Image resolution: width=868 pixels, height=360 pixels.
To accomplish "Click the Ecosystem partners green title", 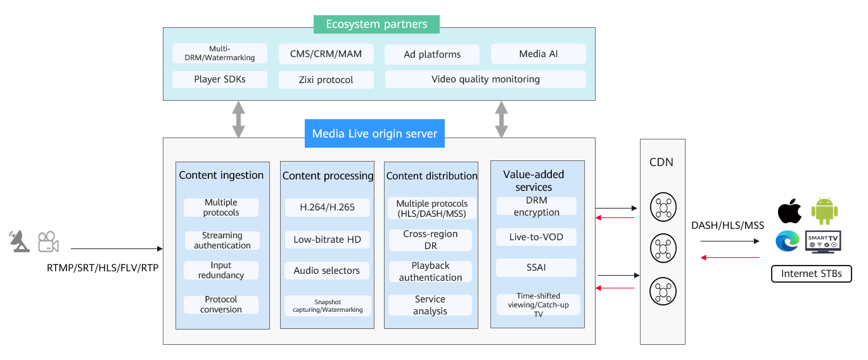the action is (376, 24).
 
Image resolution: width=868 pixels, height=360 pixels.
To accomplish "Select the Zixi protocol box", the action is (326, 80).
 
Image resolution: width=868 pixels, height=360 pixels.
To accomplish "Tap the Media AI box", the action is (539, 54).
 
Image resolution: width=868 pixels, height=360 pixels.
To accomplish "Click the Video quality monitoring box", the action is (485, 79).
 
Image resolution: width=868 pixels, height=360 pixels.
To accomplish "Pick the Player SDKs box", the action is (220, 79).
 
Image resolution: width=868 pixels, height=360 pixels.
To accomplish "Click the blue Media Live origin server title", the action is (374, 133).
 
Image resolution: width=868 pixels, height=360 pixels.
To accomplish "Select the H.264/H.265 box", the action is (327, 207).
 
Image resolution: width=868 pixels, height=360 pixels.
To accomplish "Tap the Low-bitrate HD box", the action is (327, 240).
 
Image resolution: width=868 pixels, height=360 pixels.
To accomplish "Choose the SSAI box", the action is (536, 267).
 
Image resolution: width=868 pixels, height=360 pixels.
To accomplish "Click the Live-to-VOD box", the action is (536, 237).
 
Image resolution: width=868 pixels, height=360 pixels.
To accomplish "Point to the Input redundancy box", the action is (221, 270).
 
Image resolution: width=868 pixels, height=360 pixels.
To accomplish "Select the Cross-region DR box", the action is (430, 240).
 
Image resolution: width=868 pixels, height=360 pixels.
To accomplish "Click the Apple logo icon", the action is (789, 211).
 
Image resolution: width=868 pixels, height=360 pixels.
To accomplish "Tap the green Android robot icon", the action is (824, 211).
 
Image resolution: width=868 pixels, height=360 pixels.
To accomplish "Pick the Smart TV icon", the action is (823, 242).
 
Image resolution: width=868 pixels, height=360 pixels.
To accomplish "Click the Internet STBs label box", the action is (812, 274).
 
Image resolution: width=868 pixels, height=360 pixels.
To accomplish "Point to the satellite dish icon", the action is (19, 241).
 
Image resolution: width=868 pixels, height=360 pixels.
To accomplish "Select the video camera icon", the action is (48, 242).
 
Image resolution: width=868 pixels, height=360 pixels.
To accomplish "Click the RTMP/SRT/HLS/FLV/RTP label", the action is (103, 267).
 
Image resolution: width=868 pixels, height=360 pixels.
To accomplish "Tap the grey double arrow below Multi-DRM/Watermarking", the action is (238, 119).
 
